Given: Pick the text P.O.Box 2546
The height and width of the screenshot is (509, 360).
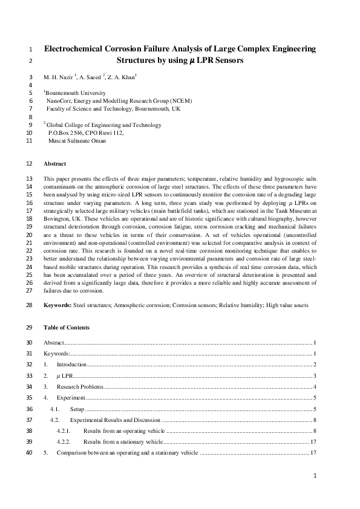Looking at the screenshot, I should click(x=68, y=133).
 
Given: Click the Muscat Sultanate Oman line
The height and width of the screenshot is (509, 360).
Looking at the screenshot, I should click(x=76, y=141).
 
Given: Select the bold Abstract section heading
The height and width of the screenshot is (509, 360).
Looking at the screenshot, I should click(x=55, y=164).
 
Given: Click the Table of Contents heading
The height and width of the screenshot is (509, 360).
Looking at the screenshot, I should click(x=67, y=328).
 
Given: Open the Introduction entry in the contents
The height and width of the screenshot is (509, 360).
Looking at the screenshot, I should click(x=72, y=365).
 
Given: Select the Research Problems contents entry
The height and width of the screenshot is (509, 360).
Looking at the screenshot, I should click(x=80, y=386).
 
